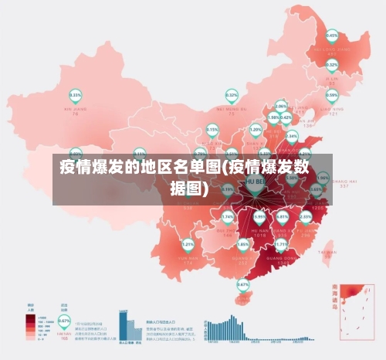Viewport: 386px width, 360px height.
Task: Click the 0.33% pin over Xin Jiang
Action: pyautogui.click(x=76, y=96)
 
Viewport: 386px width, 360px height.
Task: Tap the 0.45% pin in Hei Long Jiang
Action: pyautogui.click(x=332, y=36)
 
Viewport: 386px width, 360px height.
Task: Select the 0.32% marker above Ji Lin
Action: pyautogui.click(x=331, y=64)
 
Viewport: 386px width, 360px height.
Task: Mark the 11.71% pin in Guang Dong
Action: pyautogui.click(x=281, y=245)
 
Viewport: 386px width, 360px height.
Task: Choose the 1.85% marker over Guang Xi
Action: pyautogui.click(x=242, y=244)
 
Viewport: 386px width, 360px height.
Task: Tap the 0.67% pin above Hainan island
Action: pyautogui.click(x=242, y=284)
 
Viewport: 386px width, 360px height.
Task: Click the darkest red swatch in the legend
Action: pyautogui.click(x=30, y=317)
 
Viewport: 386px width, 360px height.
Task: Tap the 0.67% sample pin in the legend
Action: pyautogui.click(x=64, y=321)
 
